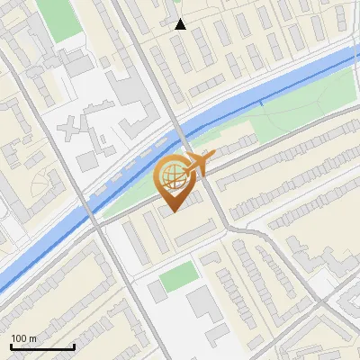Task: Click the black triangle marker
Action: (x=181, y=24)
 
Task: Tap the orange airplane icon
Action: (x=195, y=163)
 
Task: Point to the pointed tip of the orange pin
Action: (x=173, y=211)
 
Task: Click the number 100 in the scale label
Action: (x=19, y=338)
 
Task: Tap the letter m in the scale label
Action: (x=33, y=338)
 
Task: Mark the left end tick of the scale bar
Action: (x=11, y=346)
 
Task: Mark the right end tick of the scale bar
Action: (x=74, y=346)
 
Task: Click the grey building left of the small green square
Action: (x=156, y=291)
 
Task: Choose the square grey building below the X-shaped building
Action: (x=87, y=161)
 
